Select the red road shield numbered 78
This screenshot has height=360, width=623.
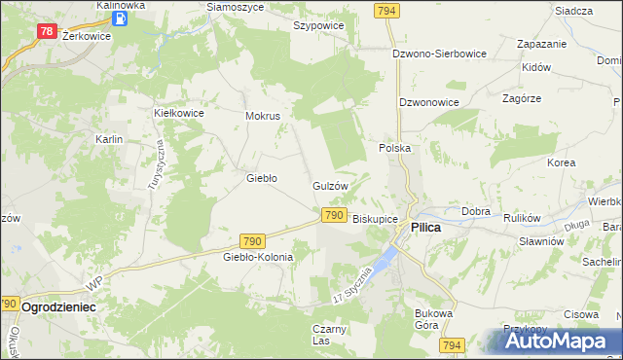pos(46,32)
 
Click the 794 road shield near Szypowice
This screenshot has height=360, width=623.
pos(386,9)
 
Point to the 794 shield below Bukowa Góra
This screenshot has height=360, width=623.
pos(450,345)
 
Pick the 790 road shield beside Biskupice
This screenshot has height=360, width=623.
pos(333,215)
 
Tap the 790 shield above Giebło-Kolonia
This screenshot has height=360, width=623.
pos(252,240)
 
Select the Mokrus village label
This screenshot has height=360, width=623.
pos(263,115)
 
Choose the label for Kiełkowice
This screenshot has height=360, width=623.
pos(179,113)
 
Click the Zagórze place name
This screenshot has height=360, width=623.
pos(521,98)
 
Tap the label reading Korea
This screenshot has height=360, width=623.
pos(561,162)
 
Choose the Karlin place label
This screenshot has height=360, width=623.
pos(108,139)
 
